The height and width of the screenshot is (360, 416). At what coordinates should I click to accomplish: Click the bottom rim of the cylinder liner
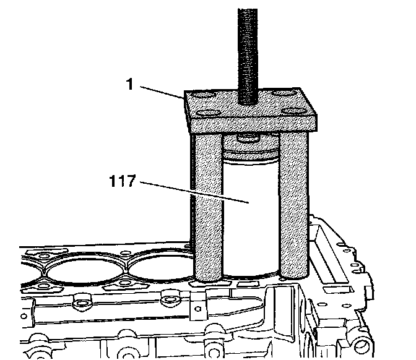(250, 275)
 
